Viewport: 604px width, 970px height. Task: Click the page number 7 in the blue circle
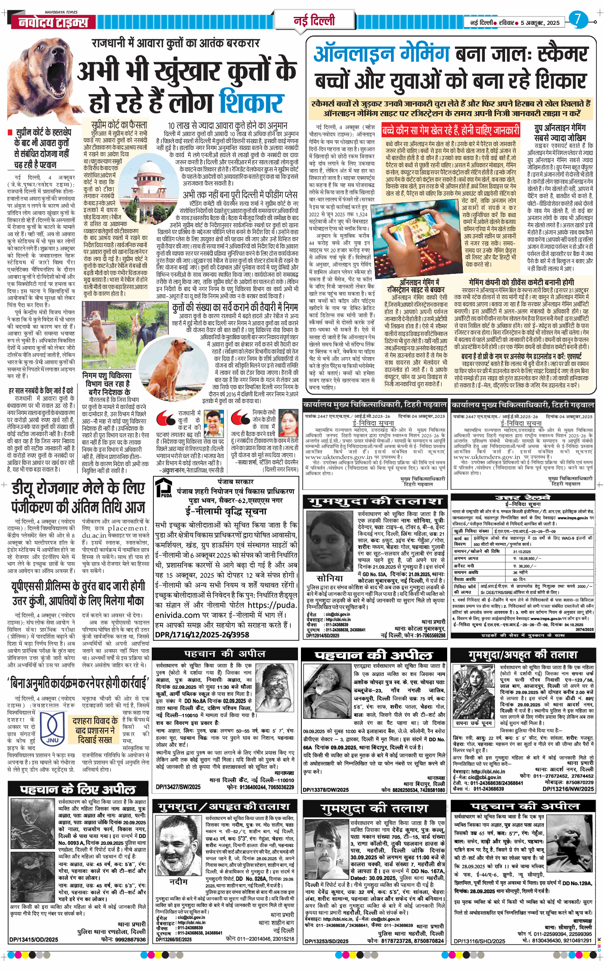click(578, 19)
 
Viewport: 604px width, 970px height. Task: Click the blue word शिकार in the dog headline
click(251, 102)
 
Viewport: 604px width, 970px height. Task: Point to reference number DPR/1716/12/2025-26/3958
click(202, 634)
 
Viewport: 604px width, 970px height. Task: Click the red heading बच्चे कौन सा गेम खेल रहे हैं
click(451, 130)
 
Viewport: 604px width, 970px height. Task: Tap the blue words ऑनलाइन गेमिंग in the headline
click(382, 55)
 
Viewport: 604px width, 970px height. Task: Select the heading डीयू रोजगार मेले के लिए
click(78, 488)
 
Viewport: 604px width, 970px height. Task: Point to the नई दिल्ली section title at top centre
click(314, 20)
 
